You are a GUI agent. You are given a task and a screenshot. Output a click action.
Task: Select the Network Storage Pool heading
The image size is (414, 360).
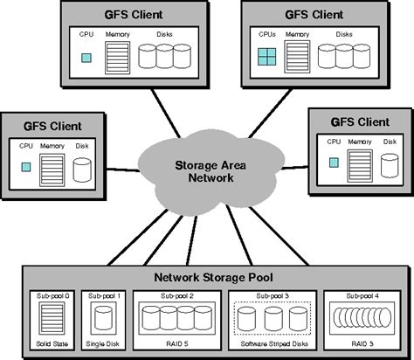pos(213,277)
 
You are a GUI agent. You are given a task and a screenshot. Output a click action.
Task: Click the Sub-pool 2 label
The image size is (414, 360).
pos(177,296)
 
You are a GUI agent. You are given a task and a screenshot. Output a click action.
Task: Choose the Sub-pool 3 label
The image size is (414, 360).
pos(272,296)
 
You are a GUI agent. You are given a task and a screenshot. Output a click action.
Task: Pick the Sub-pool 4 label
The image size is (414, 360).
pos(362,296)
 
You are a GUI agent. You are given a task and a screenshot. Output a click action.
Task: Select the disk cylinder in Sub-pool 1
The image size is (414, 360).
pos(99,321)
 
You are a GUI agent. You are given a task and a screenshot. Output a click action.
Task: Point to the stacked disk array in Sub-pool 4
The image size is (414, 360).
pos(362,321)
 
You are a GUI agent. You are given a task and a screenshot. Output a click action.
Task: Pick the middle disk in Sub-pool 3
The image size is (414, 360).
pos(273,321)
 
